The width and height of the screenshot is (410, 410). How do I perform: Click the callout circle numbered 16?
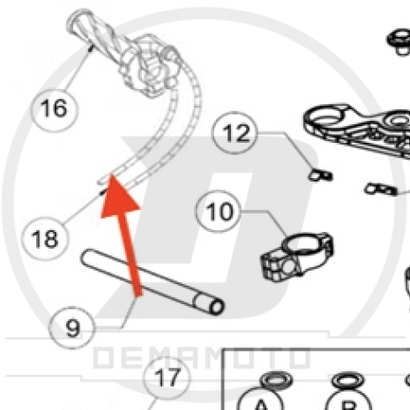pos(55,109)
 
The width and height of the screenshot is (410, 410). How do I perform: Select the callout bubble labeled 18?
pos(45,239)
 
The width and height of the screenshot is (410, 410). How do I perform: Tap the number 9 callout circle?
pos(72,327)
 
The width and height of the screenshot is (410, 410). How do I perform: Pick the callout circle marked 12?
pos(235,133)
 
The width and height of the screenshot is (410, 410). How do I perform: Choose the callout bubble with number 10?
pos(219,211)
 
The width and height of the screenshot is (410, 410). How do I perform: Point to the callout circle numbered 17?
pos(167,377)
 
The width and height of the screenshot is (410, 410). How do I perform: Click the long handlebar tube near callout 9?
pos(153,281)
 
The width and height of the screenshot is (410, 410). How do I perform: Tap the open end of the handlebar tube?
pos(217,307)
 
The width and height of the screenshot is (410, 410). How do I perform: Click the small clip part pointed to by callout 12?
pos(320,175)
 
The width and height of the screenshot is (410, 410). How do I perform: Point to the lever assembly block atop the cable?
pos(151,66)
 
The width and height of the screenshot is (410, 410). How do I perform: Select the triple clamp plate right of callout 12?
pos(357,130)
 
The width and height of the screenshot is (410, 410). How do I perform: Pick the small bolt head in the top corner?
pos(399,41)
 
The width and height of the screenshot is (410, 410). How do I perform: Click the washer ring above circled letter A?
pos(276,381)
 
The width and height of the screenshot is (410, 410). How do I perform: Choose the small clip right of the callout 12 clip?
pos(381,189)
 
